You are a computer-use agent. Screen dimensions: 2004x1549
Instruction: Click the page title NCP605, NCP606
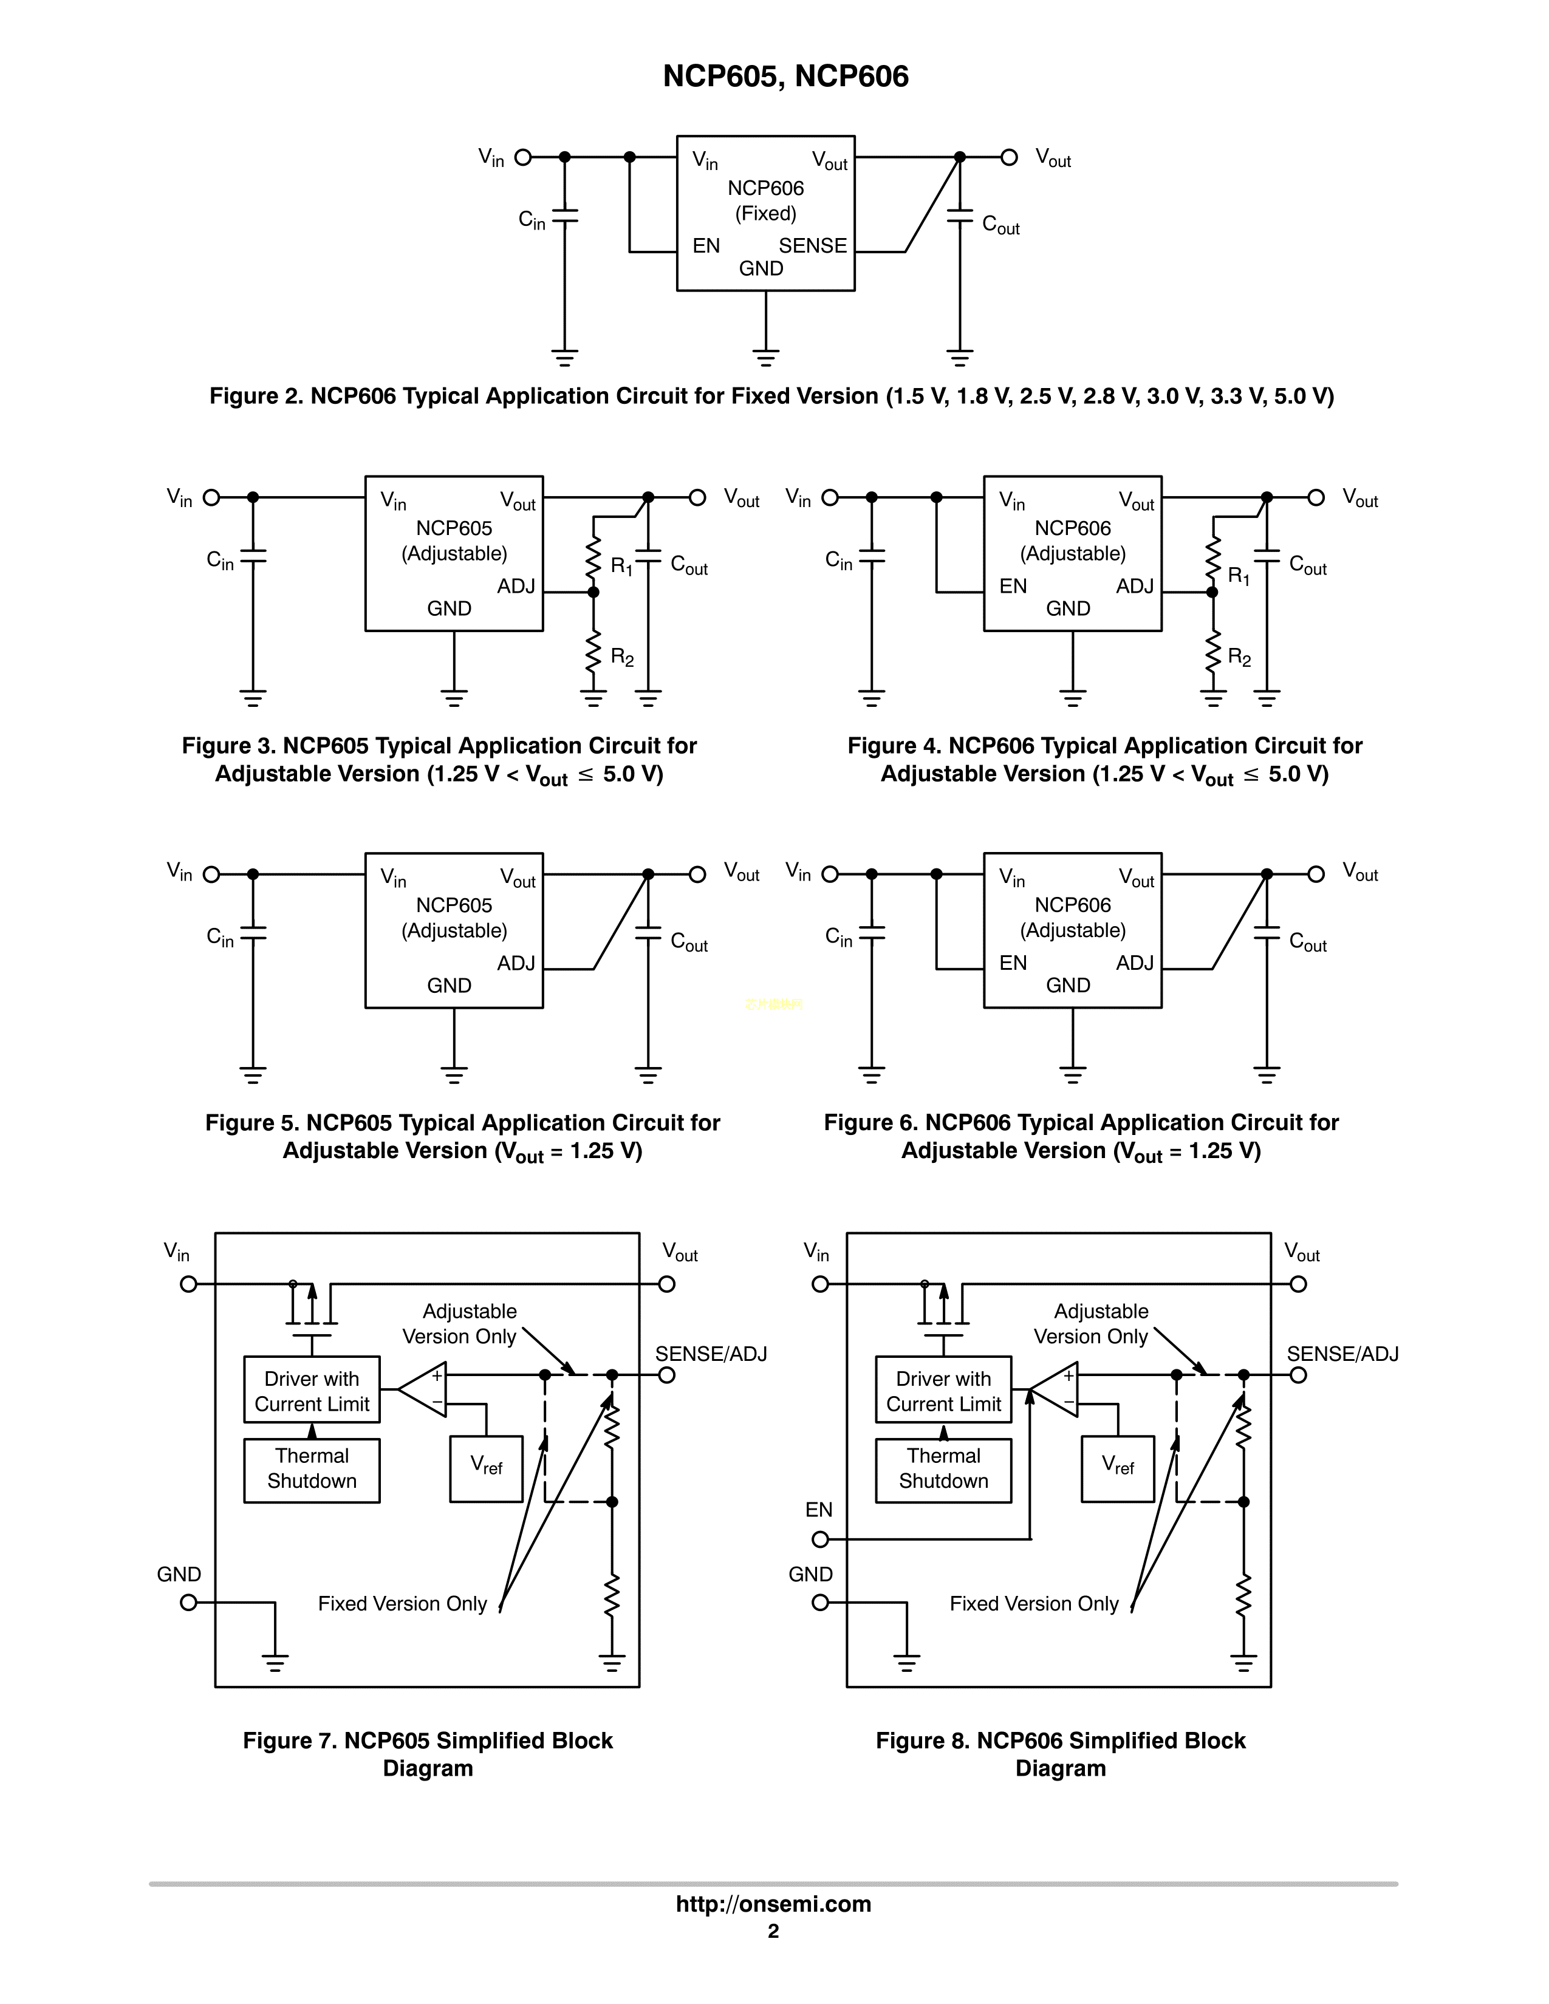785,76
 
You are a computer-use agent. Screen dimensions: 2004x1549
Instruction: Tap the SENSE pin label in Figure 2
812,246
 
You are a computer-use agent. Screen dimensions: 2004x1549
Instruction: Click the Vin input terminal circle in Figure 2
523,157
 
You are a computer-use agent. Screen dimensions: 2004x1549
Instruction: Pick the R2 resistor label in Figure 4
1239,657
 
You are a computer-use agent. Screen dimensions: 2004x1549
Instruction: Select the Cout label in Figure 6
1308,941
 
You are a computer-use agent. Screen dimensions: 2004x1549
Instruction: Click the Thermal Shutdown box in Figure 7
312,1469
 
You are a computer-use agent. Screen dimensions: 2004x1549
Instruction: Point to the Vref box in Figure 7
487,1468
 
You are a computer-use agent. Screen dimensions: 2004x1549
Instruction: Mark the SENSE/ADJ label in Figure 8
1342,1354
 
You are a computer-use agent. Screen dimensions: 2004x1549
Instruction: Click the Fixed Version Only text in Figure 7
402,1604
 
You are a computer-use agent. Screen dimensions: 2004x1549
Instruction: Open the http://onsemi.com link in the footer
773,1904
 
